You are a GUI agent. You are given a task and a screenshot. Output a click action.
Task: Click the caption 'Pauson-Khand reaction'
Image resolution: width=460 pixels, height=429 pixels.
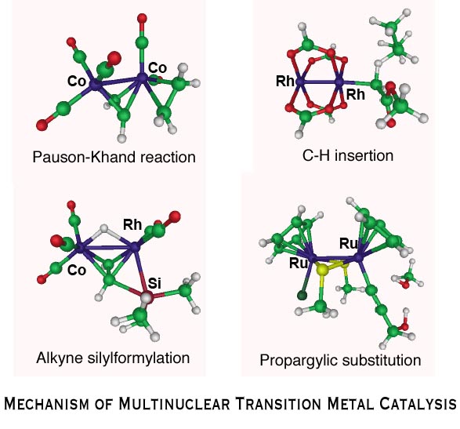click(x=114, y=158)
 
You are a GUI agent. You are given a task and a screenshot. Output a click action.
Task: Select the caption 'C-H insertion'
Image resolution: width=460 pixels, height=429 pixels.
click(x=348, y=155)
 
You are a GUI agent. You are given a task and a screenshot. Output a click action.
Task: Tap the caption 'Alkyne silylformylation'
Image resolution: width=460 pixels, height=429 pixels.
click(x=113, y=358)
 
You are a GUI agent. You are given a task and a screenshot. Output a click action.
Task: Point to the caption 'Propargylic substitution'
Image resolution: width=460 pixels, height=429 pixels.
click(x=340, y=360)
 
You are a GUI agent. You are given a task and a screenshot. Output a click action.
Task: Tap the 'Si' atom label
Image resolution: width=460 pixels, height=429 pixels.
click(x=154, y=283)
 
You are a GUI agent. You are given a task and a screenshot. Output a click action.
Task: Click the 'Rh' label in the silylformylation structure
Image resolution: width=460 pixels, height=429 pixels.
click(x=132, y=224)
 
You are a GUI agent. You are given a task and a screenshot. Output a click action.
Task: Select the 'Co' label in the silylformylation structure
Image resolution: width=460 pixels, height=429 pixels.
click(x=77, y=270)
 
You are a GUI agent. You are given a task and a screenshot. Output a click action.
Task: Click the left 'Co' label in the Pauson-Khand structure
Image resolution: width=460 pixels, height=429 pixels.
click(x=77, y=81)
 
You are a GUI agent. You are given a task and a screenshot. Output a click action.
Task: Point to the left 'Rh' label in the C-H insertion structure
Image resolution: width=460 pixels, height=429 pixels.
click(x=285, y=81)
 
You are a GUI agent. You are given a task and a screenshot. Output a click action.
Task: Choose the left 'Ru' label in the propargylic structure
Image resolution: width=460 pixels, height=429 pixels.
click(x=299, y=263)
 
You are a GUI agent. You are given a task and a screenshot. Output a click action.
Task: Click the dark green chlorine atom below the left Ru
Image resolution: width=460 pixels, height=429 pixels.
click(x=302, y=295)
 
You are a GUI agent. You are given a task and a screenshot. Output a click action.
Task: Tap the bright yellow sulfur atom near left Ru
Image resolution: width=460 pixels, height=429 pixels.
click(x=322, y=269)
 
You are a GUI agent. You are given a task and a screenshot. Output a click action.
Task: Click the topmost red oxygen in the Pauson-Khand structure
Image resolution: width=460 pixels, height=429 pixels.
click(x=142, y=18)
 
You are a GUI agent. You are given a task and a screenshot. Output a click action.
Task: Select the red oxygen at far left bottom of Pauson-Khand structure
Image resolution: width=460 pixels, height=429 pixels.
click(x=42, y=125)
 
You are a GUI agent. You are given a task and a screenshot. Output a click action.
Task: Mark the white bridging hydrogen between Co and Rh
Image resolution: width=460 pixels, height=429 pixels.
click(x=104, y=229)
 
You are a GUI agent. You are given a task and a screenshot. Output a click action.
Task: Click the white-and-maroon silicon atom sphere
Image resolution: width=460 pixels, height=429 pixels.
click(x=147, y=297)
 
